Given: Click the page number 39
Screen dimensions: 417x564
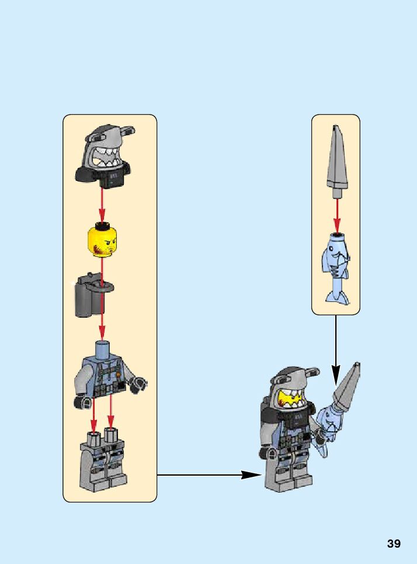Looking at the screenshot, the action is (394, 544).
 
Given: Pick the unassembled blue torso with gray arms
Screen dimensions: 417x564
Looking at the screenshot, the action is (108, 374).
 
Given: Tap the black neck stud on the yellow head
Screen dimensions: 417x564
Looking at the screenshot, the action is (102, 225).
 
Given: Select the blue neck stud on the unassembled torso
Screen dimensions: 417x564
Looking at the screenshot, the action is (102, 348).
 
